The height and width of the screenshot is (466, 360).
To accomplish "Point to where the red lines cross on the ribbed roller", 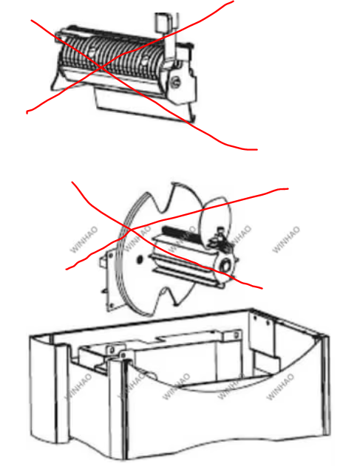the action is pyautogui.click(x=101, y=68).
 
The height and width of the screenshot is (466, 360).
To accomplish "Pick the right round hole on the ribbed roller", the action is pyautogui.click(x=145, y=61).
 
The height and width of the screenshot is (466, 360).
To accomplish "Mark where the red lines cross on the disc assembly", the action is pyautogui.click(x=131, y=229).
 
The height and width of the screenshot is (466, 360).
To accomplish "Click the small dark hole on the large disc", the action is pyautogui.click(x=139, y=260).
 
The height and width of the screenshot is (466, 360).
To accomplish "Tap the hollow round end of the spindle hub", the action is pyautogui.click(x=226, y=264).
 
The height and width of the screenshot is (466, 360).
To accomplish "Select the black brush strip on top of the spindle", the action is pyautogui.click(x=182, y=235).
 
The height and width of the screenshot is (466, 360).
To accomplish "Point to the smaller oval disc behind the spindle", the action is pyautogui.click(x=215, y=221).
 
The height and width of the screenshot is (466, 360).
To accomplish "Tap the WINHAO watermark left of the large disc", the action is pyautogui.click(x=84, y=239).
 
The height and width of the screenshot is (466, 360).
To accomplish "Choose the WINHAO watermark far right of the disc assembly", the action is pyautogui.click(x=286, y=239).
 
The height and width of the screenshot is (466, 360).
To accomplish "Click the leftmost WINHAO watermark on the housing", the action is pyautogui.click(x=78, y=386).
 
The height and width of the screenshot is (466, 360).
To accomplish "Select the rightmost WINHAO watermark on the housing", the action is pyautogui.click(x=280, y=386).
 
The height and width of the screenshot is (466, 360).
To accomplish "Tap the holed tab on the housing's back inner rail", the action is pyautogui.click(x=233, y=335).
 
